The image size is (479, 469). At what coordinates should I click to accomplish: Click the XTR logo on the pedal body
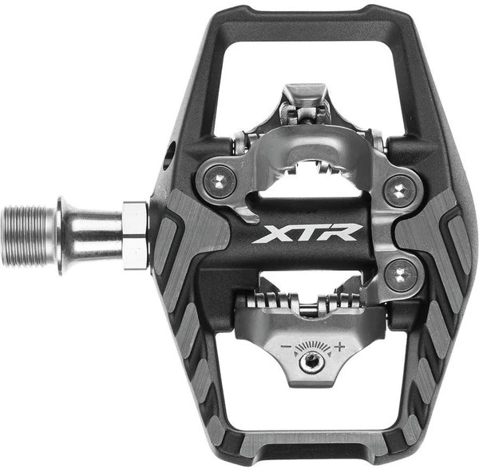point(307,233)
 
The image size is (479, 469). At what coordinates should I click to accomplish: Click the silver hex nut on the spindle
point(136,236)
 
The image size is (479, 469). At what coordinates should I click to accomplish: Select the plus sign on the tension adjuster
point(339,347)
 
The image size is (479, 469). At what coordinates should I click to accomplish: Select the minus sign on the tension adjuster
point(286,347)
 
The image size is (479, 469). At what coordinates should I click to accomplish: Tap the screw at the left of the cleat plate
point(220,182)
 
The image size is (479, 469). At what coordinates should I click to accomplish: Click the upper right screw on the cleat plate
point(400,191)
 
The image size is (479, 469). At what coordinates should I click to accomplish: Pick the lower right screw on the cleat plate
point(401,275)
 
